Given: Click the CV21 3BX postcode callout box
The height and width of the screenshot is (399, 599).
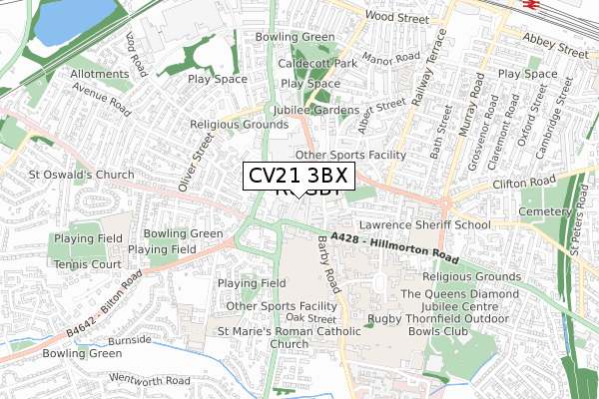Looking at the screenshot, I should [x=299, y=176].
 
